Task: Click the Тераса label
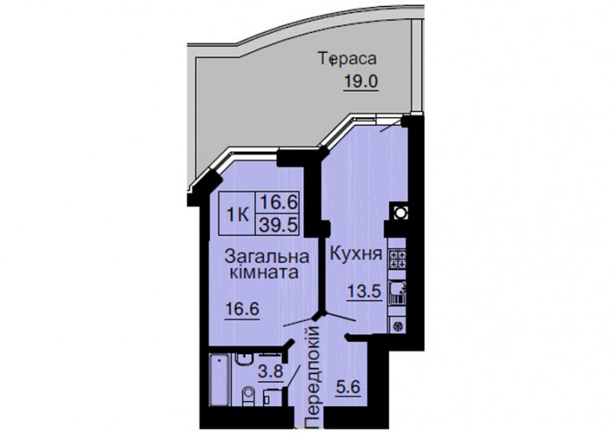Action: [349, 60]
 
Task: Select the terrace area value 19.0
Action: [361, 82]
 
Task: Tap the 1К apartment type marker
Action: [238, 215]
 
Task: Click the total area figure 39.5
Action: [279, 225]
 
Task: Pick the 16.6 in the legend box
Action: [279, 203]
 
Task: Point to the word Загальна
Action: [267, 256]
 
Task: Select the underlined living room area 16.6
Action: [242, 310]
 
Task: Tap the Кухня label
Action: [355, 255]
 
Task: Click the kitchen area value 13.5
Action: [364, 292]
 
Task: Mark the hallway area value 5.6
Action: [348, 388]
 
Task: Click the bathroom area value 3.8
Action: [271, 371]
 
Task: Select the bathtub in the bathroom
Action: [219, 379]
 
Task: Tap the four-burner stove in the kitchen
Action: [398, 259]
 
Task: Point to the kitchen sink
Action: [398, 293]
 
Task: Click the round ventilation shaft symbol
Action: [400, 212]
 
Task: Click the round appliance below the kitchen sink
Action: [398, 326]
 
